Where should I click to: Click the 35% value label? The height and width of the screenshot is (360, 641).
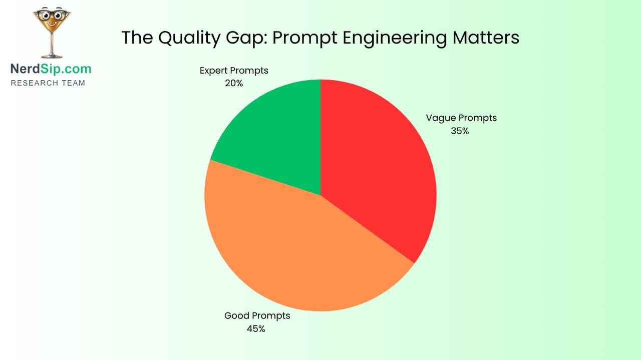coord(460,131)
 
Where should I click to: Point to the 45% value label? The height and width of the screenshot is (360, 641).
coord(256,329)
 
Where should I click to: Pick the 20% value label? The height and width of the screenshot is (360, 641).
coord(234,84)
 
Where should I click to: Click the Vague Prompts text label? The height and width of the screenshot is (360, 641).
coord(461,118)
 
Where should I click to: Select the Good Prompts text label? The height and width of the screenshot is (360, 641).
coord(257,316)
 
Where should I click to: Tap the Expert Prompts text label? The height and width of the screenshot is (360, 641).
coord(234,71)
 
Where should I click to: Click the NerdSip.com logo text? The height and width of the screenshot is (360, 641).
coord(51,69)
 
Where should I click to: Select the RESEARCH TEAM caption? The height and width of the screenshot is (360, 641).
coord(48,83)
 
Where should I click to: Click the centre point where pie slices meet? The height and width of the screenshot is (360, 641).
coord(320,195)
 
